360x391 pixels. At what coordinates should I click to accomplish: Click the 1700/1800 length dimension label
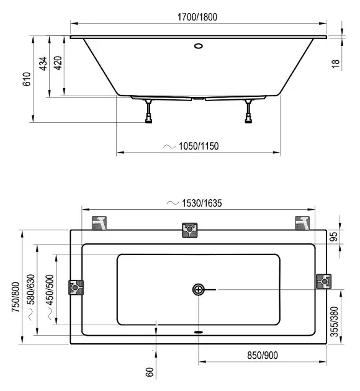pos(197,17)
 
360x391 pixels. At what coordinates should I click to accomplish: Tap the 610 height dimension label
pos(27,79)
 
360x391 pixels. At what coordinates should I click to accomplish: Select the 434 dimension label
pos(43,64)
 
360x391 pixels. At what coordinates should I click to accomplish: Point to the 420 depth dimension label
pos(58,63)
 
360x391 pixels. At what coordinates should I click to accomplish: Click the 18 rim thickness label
pos(336,64)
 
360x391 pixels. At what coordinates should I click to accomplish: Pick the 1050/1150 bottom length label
pos(199,146)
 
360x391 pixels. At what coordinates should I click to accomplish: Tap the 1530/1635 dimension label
pos(202,203)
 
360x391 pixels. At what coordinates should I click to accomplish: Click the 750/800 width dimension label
pos(16,297)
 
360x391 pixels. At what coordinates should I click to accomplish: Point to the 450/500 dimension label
pos(50,290)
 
